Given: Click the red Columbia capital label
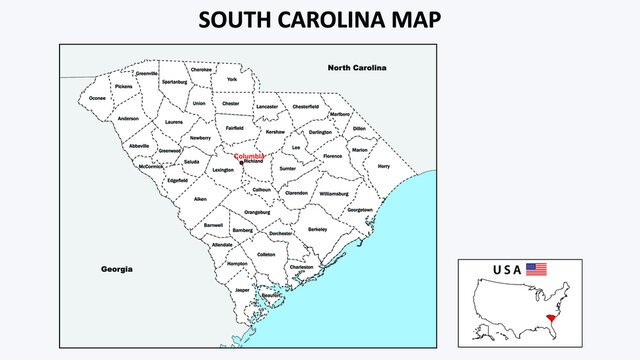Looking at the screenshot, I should click(x=249, y=156).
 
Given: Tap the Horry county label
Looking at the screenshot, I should click(x=384, y=166).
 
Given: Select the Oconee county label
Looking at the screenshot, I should click(x=97, y=98).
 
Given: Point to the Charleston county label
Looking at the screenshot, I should click(x=301, y=267).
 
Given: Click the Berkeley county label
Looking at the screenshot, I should click(x=318, y=229).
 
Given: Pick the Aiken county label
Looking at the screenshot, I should click(x=200, y=199).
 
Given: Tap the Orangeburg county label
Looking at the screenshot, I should click(x=257, y=212).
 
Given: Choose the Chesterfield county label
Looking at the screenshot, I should click(x=305, y=106).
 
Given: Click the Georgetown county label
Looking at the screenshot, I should click(x=360, y=210).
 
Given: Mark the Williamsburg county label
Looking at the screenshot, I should click(x=333, y=192).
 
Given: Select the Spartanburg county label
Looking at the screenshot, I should click(x=174, y=81).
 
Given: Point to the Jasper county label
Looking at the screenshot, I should click(x=242, y=289).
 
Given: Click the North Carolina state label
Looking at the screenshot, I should click(x=357, y=67).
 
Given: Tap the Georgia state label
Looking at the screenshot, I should click(x=117, y=269).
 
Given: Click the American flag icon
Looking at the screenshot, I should click(x=537, y=269).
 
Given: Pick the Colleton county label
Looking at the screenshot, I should click(x=266, y=254).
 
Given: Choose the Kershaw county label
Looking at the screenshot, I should click(x=275, y=132).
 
